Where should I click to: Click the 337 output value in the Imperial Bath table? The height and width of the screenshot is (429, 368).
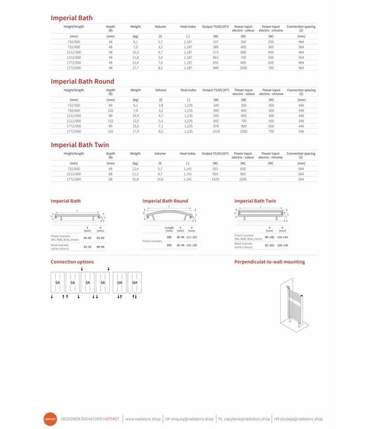(x=215, y=42)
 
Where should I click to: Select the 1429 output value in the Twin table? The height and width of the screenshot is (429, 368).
(x=215, y=180)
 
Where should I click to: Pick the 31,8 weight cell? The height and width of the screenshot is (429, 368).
(x=136, y=180)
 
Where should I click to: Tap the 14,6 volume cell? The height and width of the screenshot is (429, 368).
(x=160, y=180)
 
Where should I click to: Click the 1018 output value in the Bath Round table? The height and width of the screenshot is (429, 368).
(x=215, y=132)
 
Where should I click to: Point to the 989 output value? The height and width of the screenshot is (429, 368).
(x=215, y=68)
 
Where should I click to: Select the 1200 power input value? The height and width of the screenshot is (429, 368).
(x=243, y=180)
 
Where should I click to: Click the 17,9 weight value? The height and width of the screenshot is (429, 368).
(x=136, y=132)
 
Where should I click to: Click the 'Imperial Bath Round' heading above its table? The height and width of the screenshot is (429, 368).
(x=82, y=82)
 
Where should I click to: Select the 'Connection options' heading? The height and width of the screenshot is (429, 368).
(x=72, y=262)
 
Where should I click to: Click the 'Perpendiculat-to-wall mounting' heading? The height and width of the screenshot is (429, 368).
(x=269, y=262)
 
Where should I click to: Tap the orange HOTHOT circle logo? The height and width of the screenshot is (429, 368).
(x=51, y=419)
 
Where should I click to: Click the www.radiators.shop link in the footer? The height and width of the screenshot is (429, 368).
(x=143, y=419)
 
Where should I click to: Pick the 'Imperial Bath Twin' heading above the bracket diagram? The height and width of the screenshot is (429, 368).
(x=255, y=200)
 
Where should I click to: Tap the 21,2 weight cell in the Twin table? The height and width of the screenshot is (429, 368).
(x=136, y=175)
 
